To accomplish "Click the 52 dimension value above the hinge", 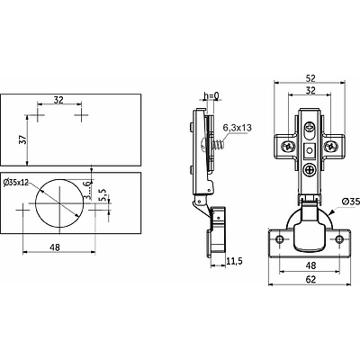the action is coord(310,78).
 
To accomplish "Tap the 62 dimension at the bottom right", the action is coord(310,280).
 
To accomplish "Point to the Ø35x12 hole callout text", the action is coord(16,183).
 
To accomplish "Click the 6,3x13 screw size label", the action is coord(237,128).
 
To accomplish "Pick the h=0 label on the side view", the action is coord(211,95).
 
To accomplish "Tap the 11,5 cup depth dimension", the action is coord(234,261).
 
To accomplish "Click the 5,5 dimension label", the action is coord(103,194).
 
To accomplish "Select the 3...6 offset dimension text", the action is coord(87,190).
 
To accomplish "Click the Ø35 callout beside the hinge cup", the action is coord(351,202).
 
